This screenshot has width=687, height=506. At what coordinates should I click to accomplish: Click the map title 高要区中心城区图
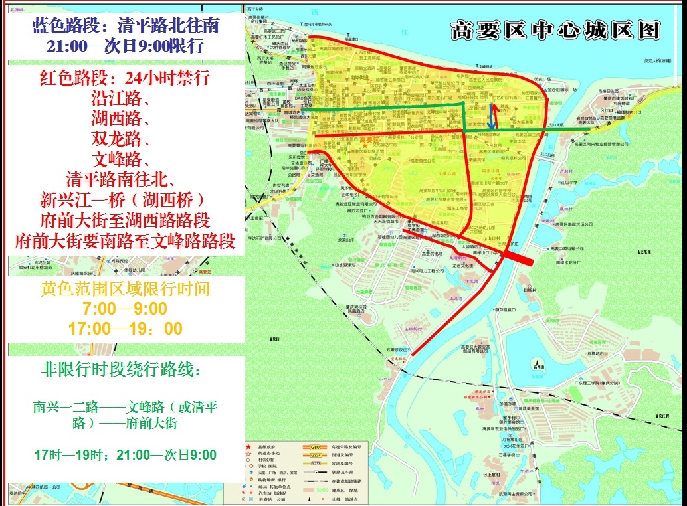tap(555, 31)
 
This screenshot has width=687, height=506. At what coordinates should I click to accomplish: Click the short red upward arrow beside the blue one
tap(496, 114)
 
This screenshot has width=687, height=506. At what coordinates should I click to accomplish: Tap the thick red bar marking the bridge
tap(518, 258)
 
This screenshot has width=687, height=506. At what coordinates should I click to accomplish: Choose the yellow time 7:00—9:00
tap(125, 309)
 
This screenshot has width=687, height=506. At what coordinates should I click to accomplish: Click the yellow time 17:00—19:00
tap(125, 329)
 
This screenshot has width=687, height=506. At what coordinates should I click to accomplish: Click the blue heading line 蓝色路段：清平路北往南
tap(125, 27)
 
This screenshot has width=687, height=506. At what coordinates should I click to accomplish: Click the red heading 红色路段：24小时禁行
tap(125, 79)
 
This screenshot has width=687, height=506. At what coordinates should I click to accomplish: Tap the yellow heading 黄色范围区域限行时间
tap(125, 290)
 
